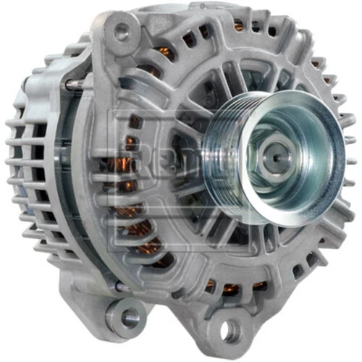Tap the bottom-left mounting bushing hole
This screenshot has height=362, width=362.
click(131, 317)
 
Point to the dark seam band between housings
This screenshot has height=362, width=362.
click(81, 181)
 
